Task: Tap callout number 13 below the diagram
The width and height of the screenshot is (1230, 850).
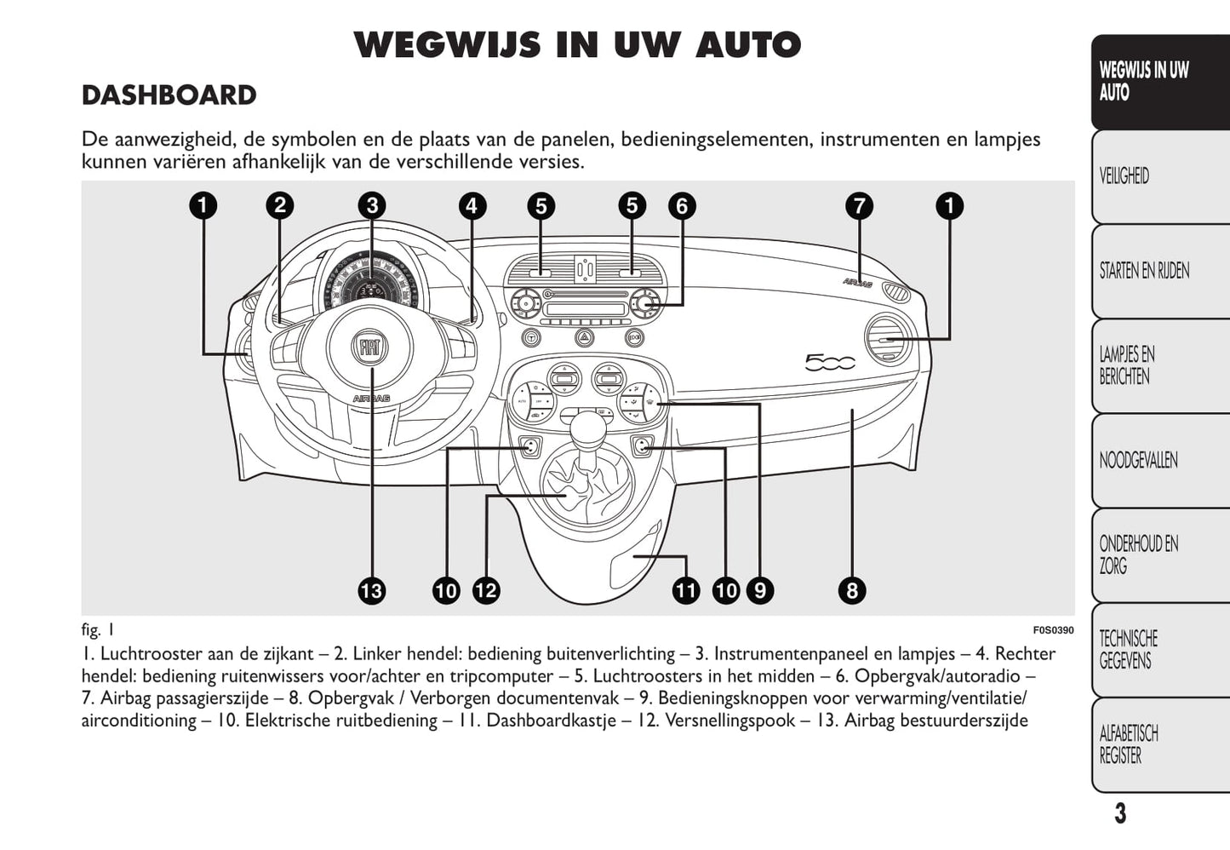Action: point(372,590)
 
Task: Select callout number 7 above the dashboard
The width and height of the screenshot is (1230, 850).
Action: point(860,205)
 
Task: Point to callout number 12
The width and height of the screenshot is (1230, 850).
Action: point(486,590)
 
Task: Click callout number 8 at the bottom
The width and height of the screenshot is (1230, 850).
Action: point(851,590)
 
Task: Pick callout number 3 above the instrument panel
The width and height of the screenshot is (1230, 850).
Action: point(372,205)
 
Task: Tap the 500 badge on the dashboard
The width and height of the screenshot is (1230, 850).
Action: point(830,363)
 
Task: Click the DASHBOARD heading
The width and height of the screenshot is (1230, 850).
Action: point(169,95)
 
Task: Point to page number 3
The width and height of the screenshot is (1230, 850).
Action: point(1120,813)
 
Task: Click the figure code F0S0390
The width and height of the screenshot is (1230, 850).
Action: point(1053,630)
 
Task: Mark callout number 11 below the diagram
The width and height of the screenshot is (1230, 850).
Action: point(685,590)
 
